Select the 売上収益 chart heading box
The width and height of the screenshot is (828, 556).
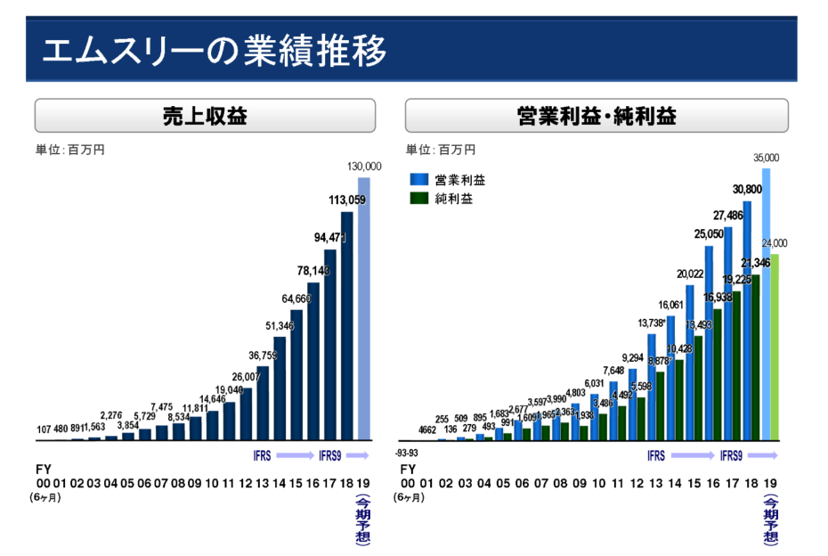tap(205, 116)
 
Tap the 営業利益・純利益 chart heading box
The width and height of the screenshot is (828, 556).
tap(596, 116)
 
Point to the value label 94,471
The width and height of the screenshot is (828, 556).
tap(331, 238)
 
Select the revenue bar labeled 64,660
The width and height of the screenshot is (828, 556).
tap(296, 374)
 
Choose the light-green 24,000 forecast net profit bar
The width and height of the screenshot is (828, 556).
tap(775, 347)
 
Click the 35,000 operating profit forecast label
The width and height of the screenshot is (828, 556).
tap(766, 158)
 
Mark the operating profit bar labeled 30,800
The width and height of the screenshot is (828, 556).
tap(747, 321)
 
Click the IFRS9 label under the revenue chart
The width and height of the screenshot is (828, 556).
tap(329, 456)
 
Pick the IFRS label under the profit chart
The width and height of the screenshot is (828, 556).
tap(656, 456)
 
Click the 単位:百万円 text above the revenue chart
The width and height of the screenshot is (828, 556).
tap(70, 150)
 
